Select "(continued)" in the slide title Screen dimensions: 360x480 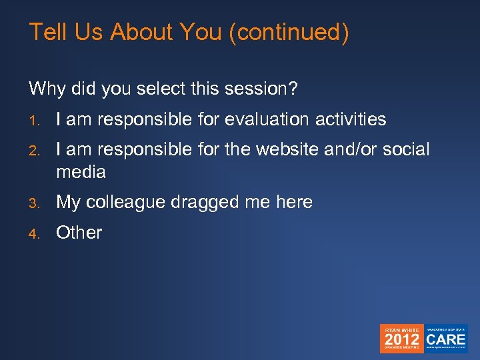click(x=288, y=32)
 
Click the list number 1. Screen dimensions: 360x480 click(x=33, y=121)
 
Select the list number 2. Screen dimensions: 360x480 click(x=33, y=150)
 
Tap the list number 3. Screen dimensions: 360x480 click(x=33, y=203)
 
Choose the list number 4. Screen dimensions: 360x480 click(x=33, y=233)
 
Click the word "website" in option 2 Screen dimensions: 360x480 click(x=285, y=149)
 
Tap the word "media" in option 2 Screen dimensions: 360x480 click(x=81, y=172)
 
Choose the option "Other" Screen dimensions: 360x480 click(x=79, y=233)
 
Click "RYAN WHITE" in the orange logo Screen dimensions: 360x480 click(x=402, y=329)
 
